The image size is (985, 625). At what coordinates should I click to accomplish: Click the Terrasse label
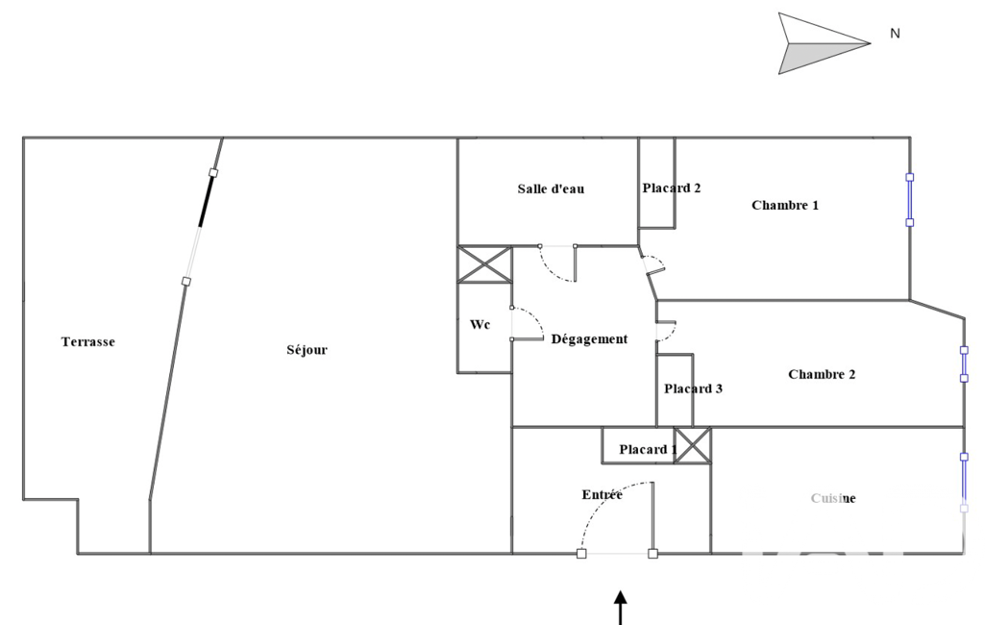click(x=87, y=341)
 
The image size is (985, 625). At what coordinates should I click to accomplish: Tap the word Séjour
click(x=307, y=350)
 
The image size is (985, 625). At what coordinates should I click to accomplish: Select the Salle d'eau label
click(x=551, y=188)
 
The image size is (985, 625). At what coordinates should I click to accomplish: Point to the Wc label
click(x=480, y=325)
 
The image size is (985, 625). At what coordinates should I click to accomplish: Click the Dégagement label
click(x=589, y=338)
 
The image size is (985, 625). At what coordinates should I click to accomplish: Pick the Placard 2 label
click(x=671, y=187)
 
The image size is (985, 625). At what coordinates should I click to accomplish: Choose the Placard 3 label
click(x=693, y=388)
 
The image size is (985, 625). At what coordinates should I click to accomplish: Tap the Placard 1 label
click(x=648, y=449)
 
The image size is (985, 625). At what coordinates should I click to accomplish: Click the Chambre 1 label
click(x=785, y=205)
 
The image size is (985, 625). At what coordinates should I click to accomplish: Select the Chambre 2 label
click(x=822, y=374)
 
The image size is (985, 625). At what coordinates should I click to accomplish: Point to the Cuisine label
click(x=833, y=498)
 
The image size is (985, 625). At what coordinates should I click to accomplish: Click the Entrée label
click(x=602, y=494)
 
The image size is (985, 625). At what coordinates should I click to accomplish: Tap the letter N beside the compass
click(x=895, y=34)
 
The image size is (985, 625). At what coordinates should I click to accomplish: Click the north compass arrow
click(x=822, y=43)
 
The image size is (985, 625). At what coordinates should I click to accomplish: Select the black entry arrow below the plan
click(x=621, y=608)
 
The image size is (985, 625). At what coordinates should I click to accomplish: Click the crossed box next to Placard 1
click(x=692, y=445)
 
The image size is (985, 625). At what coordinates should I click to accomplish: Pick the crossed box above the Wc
click(x=483, y=264)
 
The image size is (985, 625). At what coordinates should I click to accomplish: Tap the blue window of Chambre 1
click(x=910, y=200)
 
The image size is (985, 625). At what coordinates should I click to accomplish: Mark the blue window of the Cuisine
click(x=964, y=480)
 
